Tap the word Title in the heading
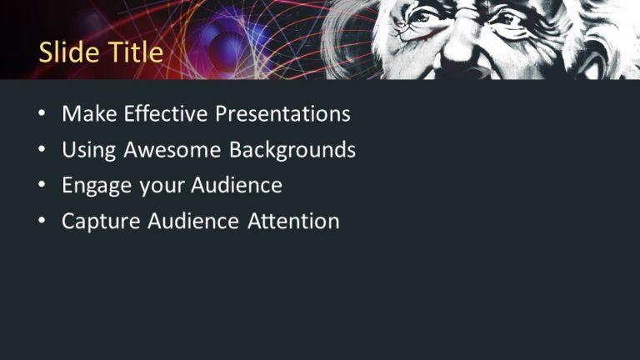pos(134,52)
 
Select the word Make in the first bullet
pos(89,114)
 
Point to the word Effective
pos(167,114)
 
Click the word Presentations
pos(282,114)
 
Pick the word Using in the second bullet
pos(89,150)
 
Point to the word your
pos(162,186)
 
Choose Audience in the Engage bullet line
pos(237,185)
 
